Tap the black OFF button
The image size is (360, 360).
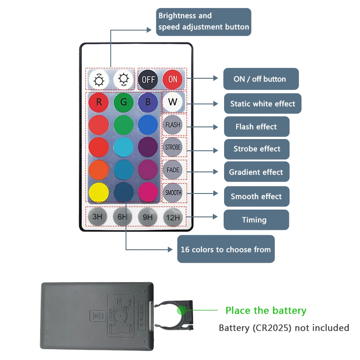148,79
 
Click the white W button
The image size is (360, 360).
173,102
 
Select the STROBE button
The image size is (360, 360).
173,147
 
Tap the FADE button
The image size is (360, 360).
173,170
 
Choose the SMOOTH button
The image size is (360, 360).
173,193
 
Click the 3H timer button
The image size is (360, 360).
98,217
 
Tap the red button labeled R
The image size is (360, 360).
99,102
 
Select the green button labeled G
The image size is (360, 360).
123,102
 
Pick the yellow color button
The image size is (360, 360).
99,192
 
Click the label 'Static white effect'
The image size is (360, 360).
263,103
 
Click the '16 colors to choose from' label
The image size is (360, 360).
225,249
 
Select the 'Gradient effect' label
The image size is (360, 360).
256,172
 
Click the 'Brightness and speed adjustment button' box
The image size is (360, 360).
203,22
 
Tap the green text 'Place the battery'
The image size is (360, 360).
265,310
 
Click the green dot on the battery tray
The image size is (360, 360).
182,310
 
